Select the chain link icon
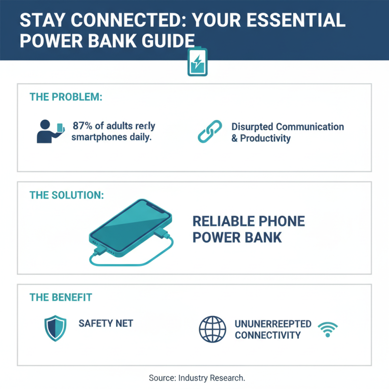point(210,131)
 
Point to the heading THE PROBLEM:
point(66,97)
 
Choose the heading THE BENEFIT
point(61,297)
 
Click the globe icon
point(212,329)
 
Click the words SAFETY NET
point(106,323)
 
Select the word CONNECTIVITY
point(267,335)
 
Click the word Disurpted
point(252,127)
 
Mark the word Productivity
point(265,139)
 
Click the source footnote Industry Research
point(212,377)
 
